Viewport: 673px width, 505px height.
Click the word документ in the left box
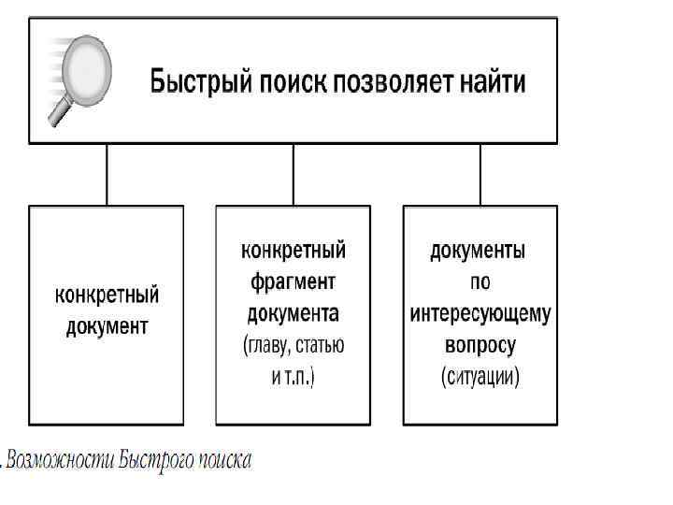click(x=107, y=326)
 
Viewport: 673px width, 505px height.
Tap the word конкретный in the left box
click(x=107, y=296)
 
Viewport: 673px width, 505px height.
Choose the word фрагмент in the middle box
click(x=294, y=281)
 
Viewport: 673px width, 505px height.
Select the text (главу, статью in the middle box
click(x=294, y=344)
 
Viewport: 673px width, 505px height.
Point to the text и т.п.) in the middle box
click(x=294, y=377)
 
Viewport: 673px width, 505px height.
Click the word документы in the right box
click(x=479, y=250)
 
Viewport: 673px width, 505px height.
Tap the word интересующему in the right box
click(x=480, y=312)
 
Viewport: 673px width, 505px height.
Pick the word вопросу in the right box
click(x=480, y=344)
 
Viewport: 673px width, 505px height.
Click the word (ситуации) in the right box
click(x=480, y=377)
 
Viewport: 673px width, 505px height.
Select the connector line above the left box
click(x=107, y=174)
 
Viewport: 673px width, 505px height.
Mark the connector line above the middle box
click(x=294, y=174)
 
